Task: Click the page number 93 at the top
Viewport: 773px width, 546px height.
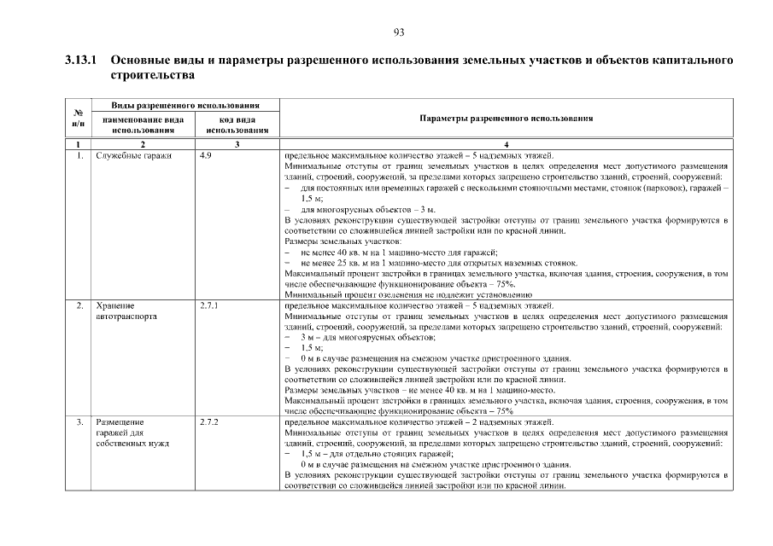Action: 398,32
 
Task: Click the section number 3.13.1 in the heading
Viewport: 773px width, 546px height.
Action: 82,62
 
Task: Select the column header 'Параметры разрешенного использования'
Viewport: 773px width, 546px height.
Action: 506,119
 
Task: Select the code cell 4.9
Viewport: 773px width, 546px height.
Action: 205,156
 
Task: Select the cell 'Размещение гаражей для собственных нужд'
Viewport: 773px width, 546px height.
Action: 132,433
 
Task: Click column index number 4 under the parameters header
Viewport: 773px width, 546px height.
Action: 506,145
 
